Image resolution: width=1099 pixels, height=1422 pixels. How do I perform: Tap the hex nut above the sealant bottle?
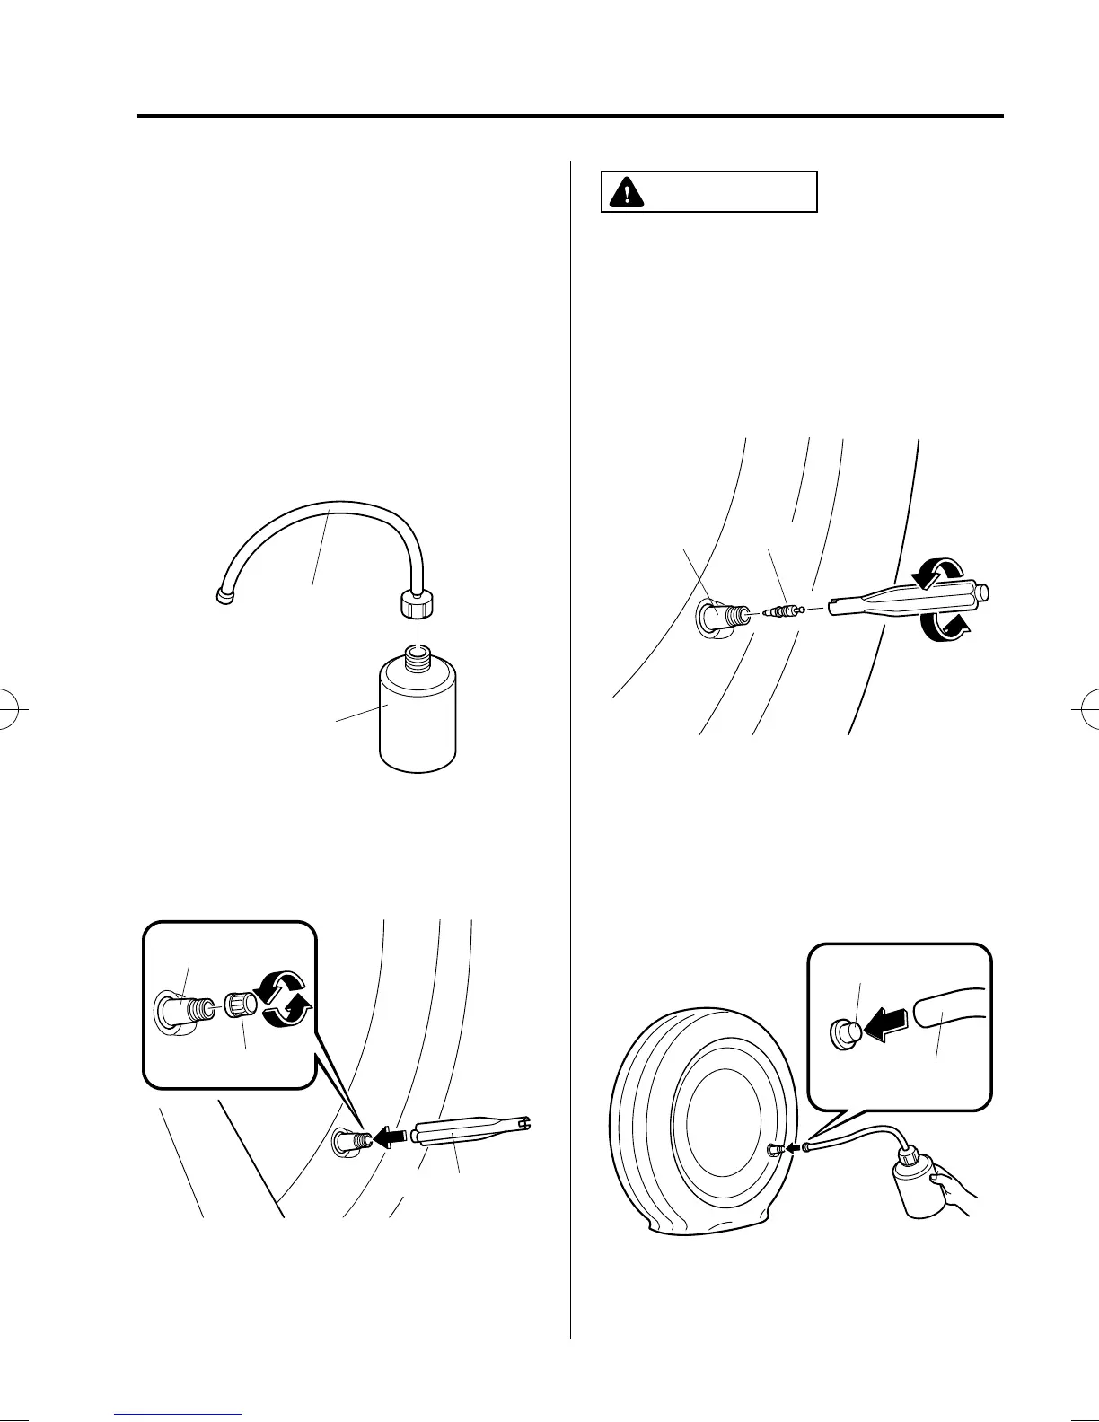[x=416, y=605]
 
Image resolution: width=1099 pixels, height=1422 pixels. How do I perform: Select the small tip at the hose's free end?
[x=224, y=594]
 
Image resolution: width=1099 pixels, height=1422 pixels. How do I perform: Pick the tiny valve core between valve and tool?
[x=779, y=610]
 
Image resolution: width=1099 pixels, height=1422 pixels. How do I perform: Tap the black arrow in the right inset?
[x=883, y=1024]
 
